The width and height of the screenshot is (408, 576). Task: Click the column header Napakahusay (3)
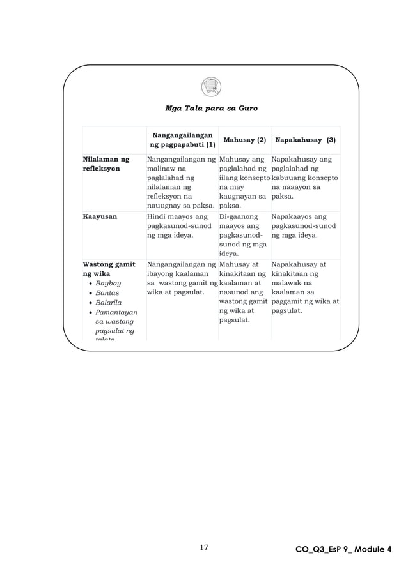[x=305, y=139]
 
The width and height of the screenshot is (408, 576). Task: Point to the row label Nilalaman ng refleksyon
[x=106, y=163]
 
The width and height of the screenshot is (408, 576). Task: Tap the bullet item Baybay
[x=111, y=283]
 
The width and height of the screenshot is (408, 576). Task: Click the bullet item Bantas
[x=111, y=292]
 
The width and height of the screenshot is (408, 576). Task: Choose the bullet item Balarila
[x=112, y=303]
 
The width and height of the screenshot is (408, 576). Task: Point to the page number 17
[x=205, y=547]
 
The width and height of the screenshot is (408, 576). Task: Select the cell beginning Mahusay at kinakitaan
[x=243, y=292]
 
